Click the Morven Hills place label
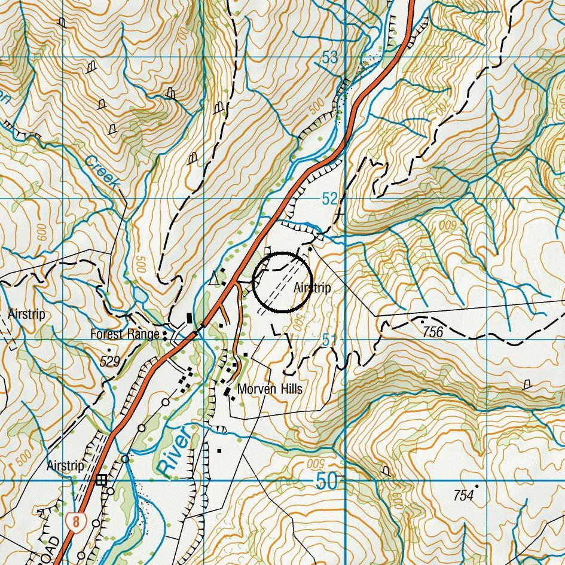click(270, 389)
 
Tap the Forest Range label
click(124, 334)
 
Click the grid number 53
click(329, 58)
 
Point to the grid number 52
click(329, 199)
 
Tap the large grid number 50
click(326, 482)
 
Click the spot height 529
click(110, 361)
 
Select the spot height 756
click(432, 332)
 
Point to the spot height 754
click(463, 495)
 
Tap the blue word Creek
click(102, 173)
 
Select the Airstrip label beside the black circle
click(312, 288)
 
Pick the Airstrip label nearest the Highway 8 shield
click(65, 465)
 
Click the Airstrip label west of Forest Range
click(26, 314)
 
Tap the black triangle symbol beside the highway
click(215, 277)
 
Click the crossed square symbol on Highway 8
click(102, 480)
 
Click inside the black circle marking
click(280, 282)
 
